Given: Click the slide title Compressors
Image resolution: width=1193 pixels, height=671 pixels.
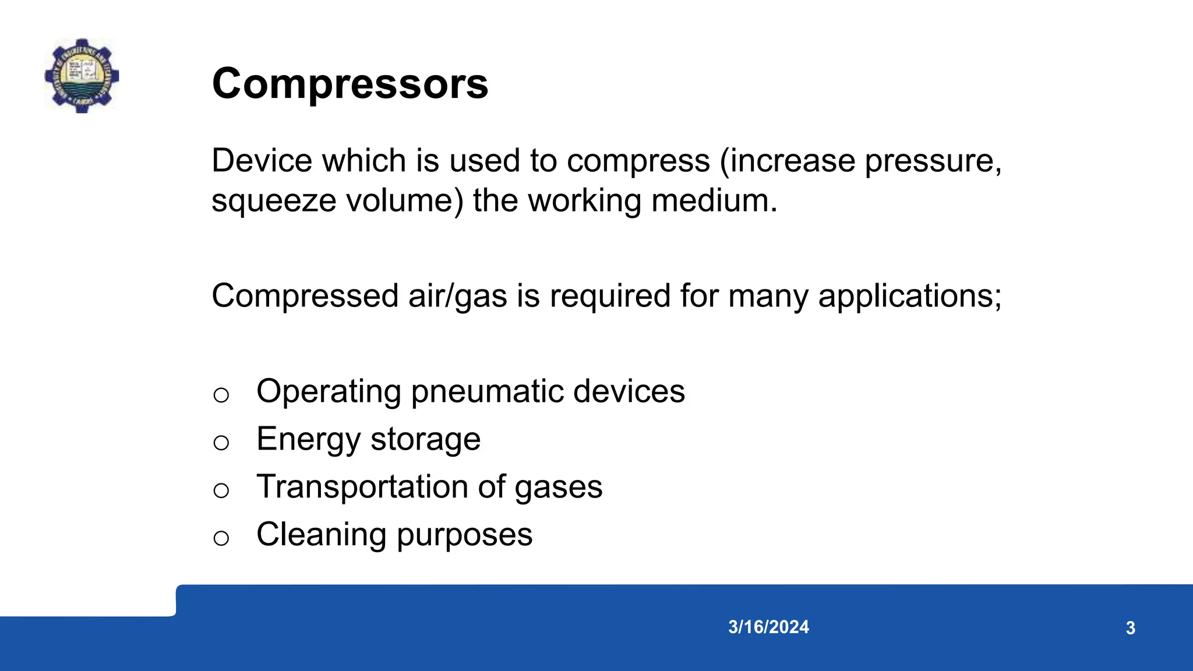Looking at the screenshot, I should pyautogui.click(x=350, y=84).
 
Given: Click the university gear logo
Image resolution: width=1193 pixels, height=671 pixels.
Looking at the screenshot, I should pyautogui.click(x=82, y=76).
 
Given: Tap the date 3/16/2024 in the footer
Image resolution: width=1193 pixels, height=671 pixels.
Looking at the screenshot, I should pyautogui.click(x=768, y=627).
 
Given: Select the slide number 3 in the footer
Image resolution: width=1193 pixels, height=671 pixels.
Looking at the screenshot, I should pyautogui.click(x=1130, y=628).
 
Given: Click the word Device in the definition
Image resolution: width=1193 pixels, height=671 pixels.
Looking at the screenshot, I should pyautogui.click(x=260, y=161).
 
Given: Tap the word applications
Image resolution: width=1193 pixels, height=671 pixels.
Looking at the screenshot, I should pyautogui.click(x=909, y=296).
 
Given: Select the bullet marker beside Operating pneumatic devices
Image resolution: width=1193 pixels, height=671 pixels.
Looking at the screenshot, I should pyautogui.click(x=221, y=395).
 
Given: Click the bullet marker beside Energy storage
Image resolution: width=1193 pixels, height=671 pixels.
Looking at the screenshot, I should pyautogui.click(x=221, y=443).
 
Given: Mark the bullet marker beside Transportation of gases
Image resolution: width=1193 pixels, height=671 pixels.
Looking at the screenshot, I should pyautogui.click(x=221, y=491).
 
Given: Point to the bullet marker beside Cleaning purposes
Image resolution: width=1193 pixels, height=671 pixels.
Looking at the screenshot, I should pyautogui.click(x=221, y=538).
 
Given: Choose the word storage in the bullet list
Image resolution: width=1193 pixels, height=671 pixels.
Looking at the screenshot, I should pyautogui.click(x=425, y=440).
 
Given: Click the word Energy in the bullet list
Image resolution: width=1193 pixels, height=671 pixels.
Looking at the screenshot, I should pyautogui.click(x=308, y=440).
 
